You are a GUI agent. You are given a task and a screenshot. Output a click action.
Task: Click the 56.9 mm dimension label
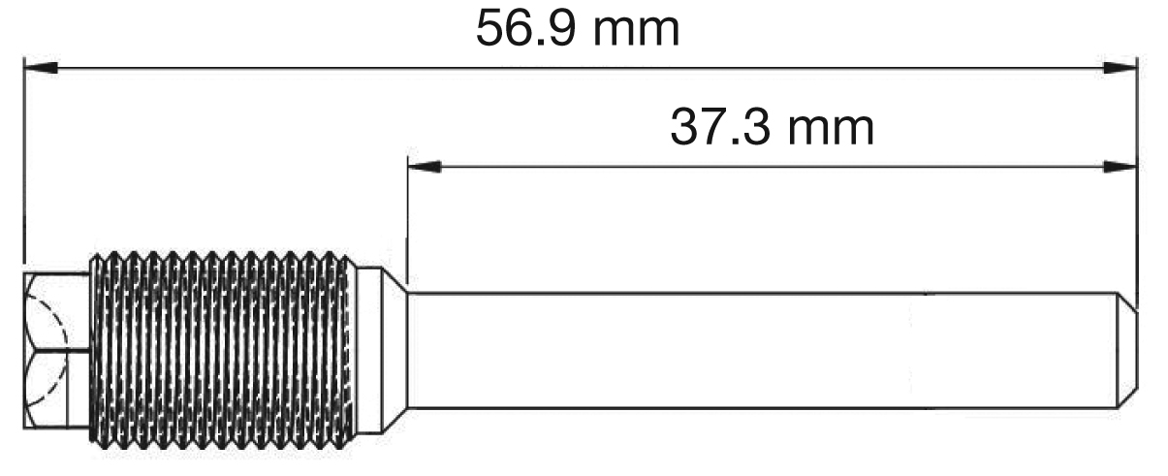point(578,29)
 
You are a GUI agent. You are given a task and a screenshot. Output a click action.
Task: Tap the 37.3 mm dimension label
point(772,127)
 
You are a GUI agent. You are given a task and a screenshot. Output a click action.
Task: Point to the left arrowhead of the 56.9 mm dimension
point(39,67)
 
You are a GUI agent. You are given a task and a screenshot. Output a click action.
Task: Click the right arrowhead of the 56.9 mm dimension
point(1121,67)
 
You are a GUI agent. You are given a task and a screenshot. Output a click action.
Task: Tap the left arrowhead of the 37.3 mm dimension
point(424,167)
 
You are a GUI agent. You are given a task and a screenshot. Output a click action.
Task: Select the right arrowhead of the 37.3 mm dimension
point(1121,167)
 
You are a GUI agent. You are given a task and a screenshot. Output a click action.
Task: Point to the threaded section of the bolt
point(223,351)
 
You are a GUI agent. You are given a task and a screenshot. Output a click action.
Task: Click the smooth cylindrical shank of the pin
point(756,351)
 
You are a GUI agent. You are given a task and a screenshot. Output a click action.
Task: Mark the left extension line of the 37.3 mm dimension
point(408,223)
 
